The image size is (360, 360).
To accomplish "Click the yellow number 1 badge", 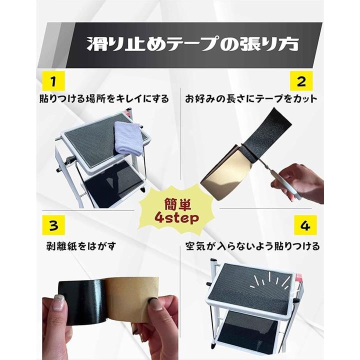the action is click(x=53, y=81).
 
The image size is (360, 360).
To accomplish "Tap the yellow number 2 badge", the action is click(x=301, y=81).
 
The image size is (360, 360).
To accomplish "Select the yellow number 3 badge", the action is click(x=53, y=225).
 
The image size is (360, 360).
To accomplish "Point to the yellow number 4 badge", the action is click(x=305, y=225).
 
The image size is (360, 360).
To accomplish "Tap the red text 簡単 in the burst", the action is click(x=177, y=204).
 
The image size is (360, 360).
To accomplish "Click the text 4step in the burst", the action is click(x=176, y=218).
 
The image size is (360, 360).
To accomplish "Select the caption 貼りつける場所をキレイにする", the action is click(x=104, y=99).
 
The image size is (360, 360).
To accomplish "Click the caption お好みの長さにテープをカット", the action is click(x=251, y=99).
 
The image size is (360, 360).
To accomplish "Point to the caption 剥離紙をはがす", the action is click(x=81, y=246).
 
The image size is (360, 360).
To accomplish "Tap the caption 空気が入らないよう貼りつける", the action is click(x=252, y=246).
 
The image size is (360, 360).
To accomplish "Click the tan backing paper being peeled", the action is click(x=132, y=298).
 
